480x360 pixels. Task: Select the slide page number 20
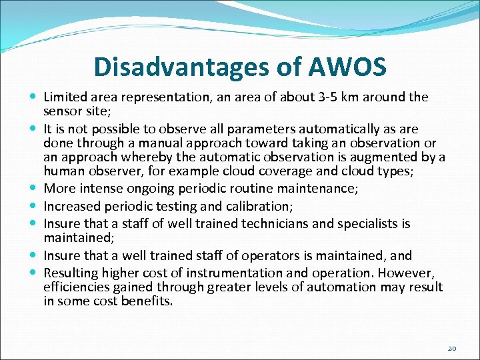[x=451, y=348]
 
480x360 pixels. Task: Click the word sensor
[x=62, y=110]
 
